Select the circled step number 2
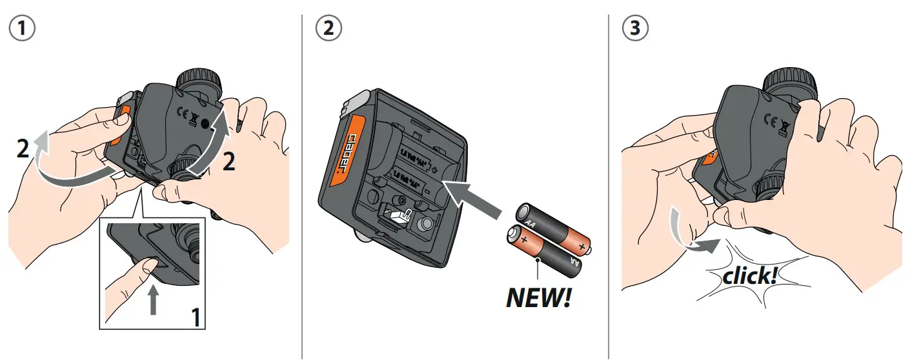coord(329,28)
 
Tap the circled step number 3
coord(635,28)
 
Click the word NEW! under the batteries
coord(539,299)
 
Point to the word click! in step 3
coord(750,276)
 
